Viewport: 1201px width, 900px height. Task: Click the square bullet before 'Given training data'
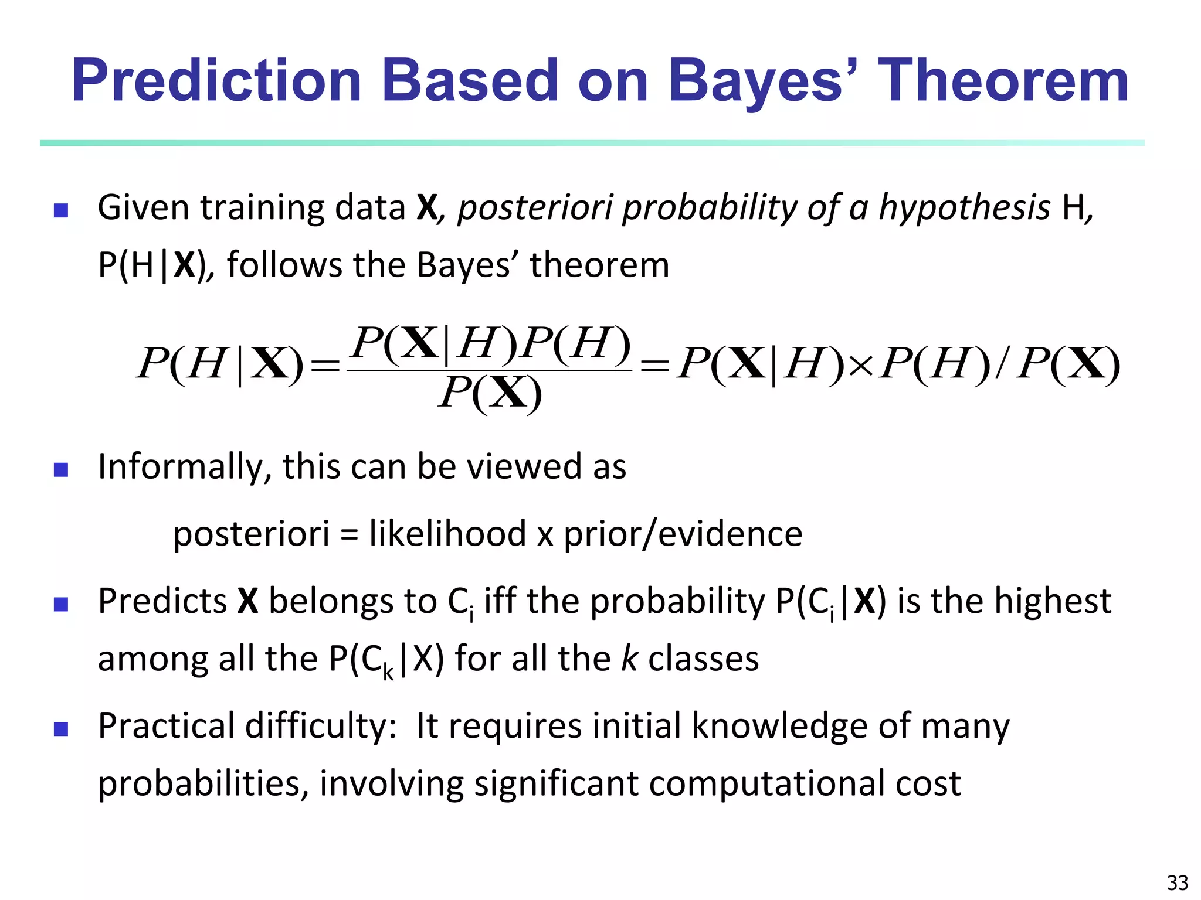(61, 210)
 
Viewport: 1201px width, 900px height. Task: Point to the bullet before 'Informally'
(61, 469)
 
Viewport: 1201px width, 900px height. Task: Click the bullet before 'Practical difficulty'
(61, 729)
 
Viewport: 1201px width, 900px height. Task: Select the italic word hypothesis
(964, 208)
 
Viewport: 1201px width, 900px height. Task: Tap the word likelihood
(447, 534)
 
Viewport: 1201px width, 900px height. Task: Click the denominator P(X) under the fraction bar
(490, 393)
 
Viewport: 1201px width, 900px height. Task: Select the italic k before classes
(629, 659)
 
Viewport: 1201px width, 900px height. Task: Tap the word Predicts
(162, 601)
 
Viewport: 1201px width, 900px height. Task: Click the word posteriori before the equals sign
(251, 534)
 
